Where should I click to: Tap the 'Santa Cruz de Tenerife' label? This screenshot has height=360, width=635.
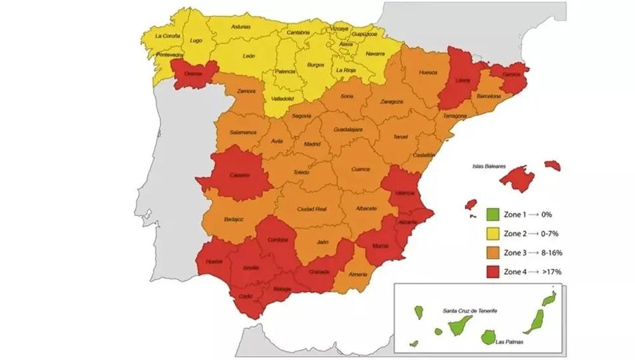(x=470, y=311)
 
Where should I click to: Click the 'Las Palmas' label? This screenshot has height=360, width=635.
(x=510, y=342)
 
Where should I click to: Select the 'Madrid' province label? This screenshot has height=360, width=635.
(x=312, y=143)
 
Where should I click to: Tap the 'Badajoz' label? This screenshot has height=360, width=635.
(x=234, y=218)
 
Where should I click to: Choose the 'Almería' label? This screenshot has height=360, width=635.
(x=358, y=274)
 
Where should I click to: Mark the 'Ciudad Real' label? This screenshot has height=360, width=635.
(x=311, y=209)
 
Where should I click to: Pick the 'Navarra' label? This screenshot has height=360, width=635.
(x=375, y=53)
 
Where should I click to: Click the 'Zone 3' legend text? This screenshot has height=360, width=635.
(x=515, y=252)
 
